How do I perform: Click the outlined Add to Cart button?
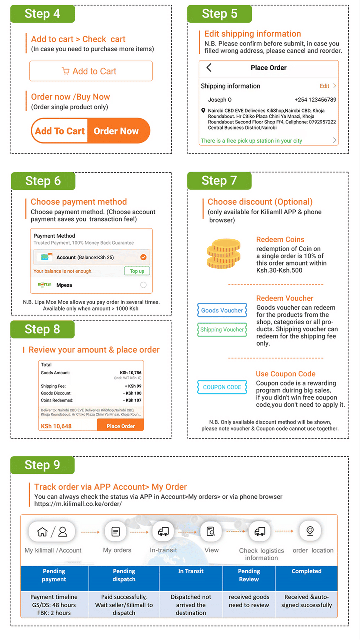pyautogui.click(x=91, y=71)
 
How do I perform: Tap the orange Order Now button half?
pyautogui.click(x=118, y=131)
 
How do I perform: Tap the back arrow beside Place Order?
pyautogui.click(x=209, y=68)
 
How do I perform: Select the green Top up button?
pyautogui.click(x=137, y=271)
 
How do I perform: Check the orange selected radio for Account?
pyautogui.click(x=144, y=257)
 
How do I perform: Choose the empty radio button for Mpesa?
pyautogui.click(x=144, y=285)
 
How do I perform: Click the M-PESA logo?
pyautogui.click(x=45, y=285)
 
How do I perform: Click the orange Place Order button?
pyautogui.click(x=120, y=426)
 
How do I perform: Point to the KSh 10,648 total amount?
pyautogui.click(x=56, y=426)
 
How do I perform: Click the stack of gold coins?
pyautogui.click(x=224, y=254)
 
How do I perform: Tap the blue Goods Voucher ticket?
pyautogui.click(x=222, y=310)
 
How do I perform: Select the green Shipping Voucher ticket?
pyautogui.click(x=222, y=330)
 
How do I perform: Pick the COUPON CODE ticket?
pyautogui.click(x=222, y=387)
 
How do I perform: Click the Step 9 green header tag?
pyautogui.click(x=42, y=465)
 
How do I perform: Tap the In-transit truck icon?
pyautogui.click(x=163, y=532)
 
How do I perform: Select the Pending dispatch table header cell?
pyautogui.click(x=124, y=575)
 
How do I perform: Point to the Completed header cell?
pyautogui.click(x=306, y=571)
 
